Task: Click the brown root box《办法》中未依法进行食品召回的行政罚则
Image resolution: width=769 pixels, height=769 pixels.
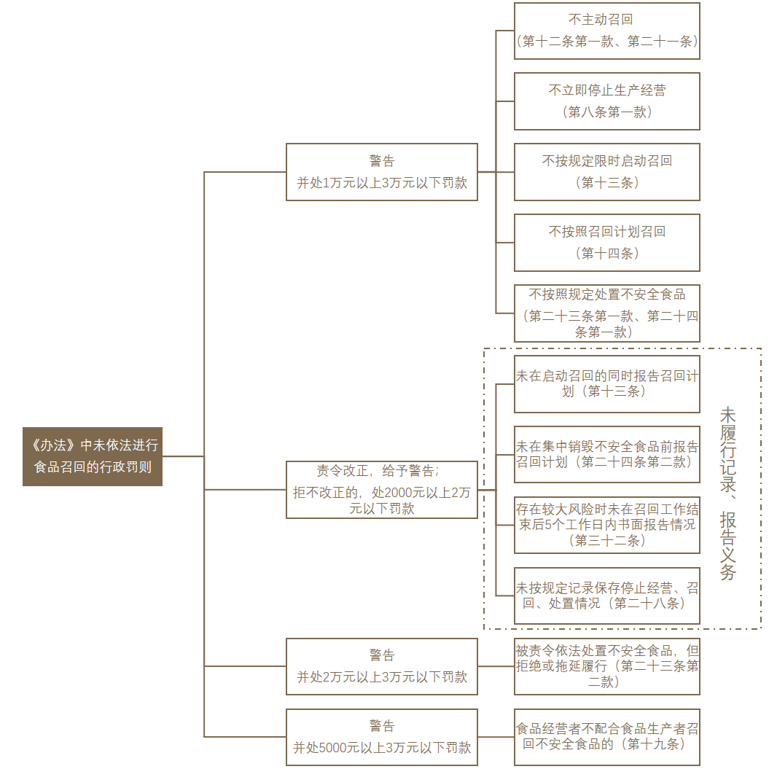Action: (93, 456)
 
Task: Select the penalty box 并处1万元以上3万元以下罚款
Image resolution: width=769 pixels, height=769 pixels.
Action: (381, 172)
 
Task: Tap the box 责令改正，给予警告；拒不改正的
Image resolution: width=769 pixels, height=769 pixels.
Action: (381, 489)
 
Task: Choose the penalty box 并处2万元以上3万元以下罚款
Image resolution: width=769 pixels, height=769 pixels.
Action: (381, 666)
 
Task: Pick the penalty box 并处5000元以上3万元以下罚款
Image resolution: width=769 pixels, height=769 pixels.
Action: (381, 737)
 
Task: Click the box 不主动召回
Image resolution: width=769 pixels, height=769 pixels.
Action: (607, 31)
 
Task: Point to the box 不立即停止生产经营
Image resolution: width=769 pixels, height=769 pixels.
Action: (607, 101)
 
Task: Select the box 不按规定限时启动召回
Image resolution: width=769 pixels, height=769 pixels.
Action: (607, 172)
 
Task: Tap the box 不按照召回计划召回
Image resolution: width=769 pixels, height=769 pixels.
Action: (607, 243)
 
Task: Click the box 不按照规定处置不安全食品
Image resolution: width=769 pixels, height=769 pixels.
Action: (607, 313)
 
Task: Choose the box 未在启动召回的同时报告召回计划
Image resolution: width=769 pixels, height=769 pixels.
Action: (607, 384)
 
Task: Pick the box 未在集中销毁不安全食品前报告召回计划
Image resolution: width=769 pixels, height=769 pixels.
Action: (607, 455)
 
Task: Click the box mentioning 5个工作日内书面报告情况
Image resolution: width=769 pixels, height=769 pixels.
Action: (607, 526)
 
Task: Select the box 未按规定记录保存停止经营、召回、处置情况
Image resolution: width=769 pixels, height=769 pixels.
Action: (607, 596)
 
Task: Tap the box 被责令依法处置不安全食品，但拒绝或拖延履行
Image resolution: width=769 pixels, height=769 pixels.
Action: (607, 666)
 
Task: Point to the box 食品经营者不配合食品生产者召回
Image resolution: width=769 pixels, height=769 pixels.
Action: (607, 737)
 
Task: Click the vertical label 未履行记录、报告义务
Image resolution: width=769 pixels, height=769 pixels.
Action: (727, 493)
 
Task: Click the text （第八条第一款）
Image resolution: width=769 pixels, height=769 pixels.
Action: (607, 112)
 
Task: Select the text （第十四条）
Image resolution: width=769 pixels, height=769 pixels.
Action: (607, 254)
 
